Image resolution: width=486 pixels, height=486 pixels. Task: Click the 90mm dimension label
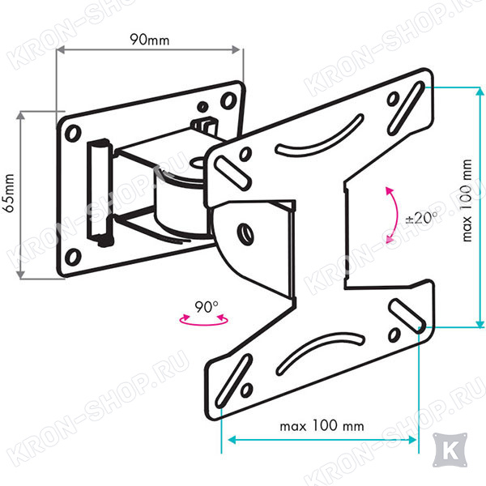pyautogui.click(x=149, y=40)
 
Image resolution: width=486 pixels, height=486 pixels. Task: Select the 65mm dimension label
pyautogui.click(x=8, y=193)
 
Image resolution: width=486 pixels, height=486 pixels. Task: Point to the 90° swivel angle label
pyautogui.click(x=207, y=306)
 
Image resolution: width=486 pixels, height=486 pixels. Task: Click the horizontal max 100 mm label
pyautogui.click(x=322, y=426)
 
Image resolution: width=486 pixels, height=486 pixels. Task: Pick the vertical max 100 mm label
pyautogui.click(x=467, y=201)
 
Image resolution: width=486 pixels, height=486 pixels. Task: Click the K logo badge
pyautogui.click(x=450, y=450)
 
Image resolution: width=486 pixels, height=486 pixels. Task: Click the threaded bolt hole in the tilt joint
pyautogui.click(x=245, y=234)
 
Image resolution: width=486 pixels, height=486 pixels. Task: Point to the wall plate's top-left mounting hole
pyautogui.click(x=73, y=133)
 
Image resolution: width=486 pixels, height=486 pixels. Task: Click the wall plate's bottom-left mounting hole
pyautogui.click(x=74, y=257)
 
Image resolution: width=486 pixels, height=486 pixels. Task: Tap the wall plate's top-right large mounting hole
pyautogui.click(x=228, y=100)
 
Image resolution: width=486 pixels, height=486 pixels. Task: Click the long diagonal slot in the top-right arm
pyautogui.click(x=406, y=108)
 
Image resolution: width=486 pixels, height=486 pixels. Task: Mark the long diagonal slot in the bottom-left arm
pyautogui.click(x=233, y=381)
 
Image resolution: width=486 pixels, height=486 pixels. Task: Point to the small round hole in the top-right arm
pyautogui.click(x=393, y=99)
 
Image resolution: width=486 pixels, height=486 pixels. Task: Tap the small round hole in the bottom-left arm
pyautogui.click(x=246, y=390)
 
